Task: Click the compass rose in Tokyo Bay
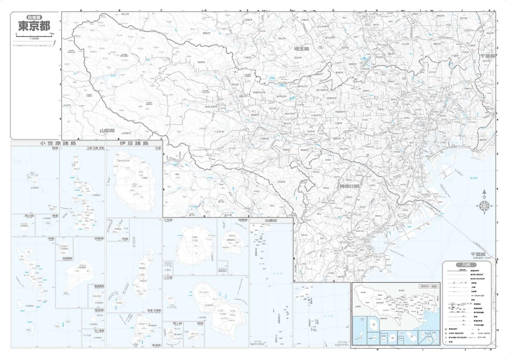[484, 205]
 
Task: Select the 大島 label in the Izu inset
[158, 148]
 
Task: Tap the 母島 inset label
[16, 239]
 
